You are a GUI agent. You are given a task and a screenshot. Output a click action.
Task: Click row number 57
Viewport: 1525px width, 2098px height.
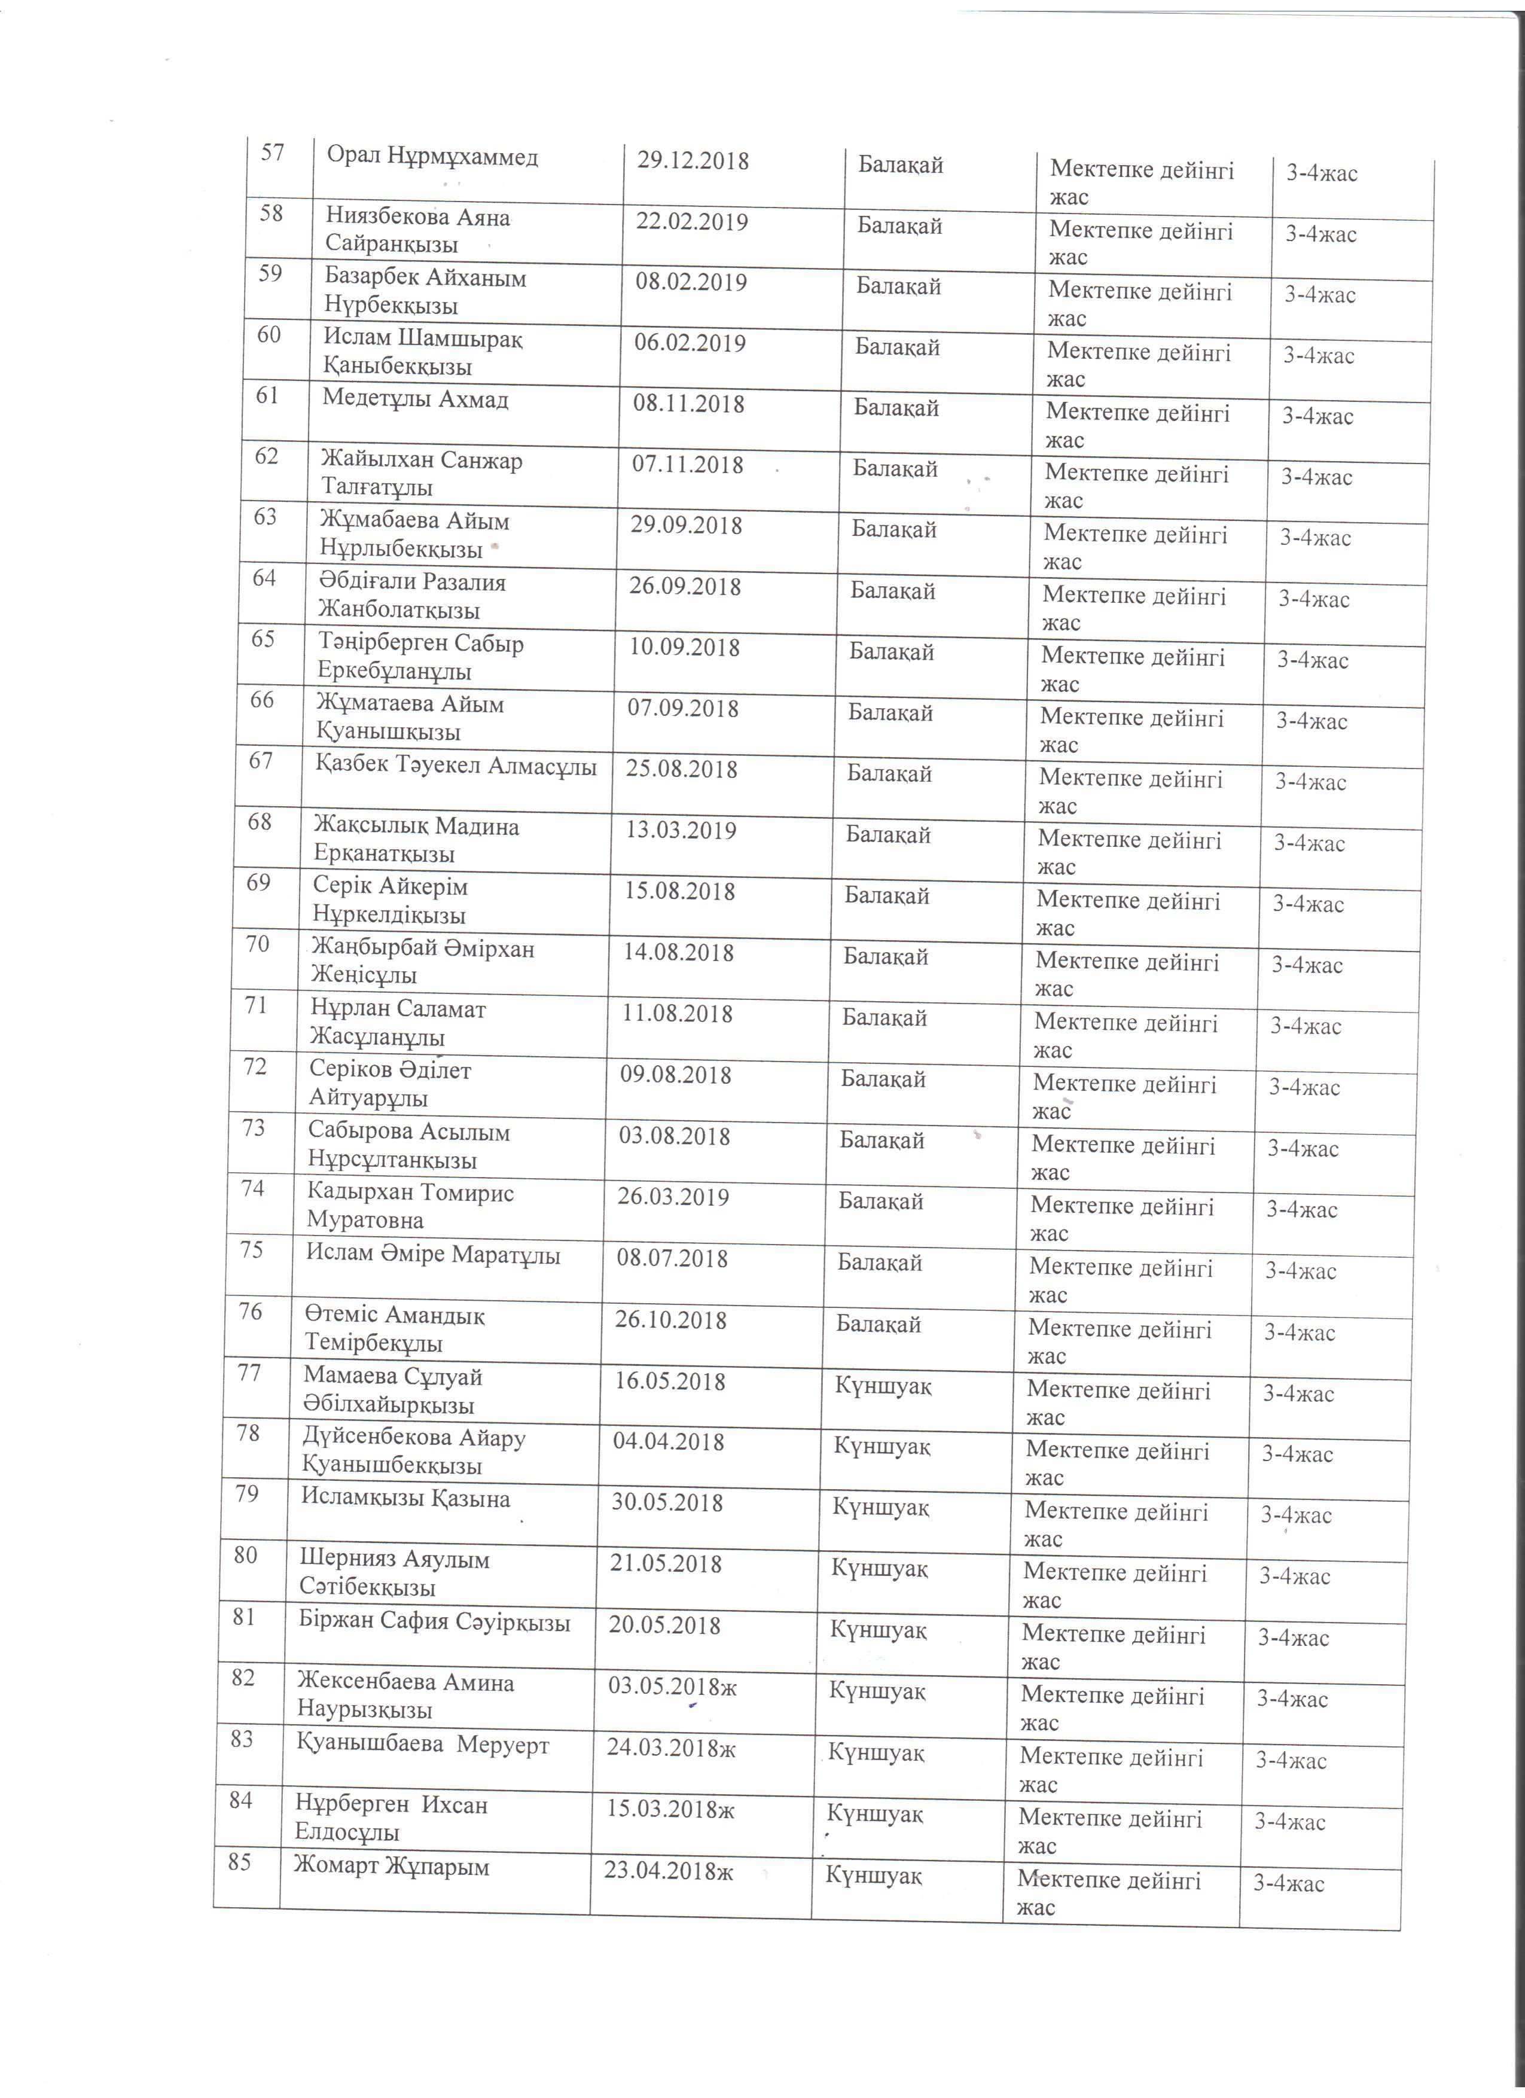coord(272,153)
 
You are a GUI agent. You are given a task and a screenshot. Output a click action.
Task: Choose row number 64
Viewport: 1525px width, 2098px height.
coord(264,579)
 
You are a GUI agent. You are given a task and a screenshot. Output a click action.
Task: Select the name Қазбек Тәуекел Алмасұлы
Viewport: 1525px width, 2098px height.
coord(456,766)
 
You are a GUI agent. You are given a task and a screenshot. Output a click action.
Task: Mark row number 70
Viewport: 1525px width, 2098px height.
coord(258,944)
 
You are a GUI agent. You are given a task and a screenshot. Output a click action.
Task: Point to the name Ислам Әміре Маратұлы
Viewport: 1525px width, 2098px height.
coord(433,1255)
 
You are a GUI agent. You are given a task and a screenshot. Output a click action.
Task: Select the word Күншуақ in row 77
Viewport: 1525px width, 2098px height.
coord(883,1386)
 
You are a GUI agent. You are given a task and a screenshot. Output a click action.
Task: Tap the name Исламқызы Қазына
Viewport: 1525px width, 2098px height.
coord(405,1499)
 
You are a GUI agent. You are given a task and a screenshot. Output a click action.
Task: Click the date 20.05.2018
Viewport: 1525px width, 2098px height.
coord(664,1626)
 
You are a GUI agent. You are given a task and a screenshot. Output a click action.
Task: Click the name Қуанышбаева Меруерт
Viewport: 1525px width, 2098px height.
coord(423,1746)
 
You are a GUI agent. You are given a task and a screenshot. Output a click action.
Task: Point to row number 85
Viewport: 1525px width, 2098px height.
coord(240,1862)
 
